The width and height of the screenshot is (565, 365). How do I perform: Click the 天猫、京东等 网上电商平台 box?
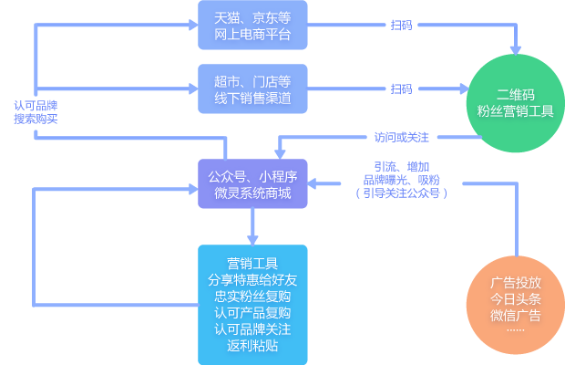tap(252, 25)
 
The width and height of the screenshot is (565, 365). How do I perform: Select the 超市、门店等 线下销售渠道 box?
tap(252, 89)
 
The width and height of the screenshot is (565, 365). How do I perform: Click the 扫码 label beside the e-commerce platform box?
tap(401, 25)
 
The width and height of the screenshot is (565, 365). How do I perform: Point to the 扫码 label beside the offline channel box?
tap(401, 89)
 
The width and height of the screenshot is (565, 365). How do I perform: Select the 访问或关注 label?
tap(401, 137)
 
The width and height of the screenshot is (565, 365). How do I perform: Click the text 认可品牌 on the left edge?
tap(36, 106)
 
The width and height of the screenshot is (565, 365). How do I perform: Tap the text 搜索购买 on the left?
tap(36, 119)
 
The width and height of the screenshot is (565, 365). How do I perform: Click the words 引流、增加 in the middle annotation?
tap(401, 166)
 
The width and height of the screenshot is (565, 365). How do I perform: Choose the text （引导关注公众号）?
tap(401, 193)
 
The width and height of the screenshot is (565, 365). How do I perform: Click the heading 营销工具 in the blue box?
tap(252, 264)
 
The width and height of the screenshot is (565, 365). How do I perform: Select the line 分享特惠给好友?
tap(252, 279)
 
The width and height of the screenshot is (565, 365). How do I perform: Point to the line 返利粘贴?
tap(252, 346)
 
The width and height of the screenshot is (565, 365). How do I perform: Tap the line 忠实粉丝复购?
tap(252, 296)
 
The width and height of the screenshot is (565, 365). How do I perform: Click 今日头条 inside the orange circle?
tap(515, 299)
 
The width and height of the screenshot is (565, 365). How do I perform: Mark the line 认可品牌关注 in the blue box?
tap(252, 328)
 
